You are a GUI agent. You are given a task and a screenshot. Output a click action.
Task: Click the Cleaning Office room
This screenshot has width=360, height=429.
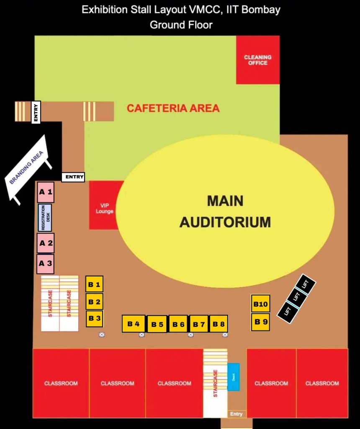pos(258,60)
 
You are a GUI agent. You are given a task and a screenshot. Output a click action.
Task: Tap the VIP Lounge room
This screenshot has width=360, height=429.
pos(105,205)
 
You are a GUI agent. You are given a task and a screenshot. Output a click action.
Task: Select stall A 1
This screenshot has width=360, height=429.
pos(46,192)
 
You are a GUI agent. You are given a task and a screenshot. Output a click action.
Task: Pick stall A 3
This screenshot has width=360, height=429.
pos(45,264)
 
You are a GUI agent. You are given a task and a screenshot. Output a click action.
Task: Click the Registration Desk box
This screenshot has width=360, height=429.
pos(45,217)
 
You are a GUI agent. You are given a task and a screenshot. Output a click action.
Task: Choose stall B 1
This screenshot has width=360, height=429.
pos(94,284)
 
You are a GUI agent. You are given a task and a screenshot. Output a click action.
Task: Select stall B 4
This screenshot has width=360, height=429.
pos(133,324)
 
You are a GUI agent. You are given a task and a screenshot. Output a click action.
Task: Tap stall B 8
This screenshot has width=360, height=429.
pos(219,324)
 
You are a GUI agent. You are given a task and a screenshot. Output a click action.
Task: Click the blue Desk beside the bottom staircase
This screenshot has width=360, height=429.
pos(234,377)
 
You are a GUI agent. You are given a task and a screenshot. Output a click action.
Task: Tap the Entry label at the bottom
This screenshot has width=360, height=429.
pos(237,414)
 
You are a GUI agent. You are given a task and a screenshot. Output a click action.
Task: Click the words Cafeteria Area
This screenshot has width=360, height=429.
pos(173,108)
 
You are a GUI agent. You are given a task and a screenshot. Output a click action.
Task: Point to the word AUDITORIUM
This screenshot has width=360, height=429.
pos(225,222)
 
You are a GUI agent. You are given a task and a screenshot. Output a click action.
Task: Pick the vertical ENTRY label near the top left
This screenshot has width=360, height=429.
pos(36,113)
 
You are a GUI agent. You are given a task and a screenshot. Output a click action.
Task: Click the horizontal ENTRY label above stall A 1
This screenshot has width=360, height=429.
pos(74,177)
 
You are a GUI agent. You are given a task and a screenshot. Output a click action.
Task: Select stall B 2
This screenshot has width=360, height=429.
pos(94,301)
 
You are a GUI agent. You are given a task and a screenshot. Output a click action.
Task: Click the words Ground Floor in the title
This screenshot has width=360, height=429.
pos(181,25)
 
